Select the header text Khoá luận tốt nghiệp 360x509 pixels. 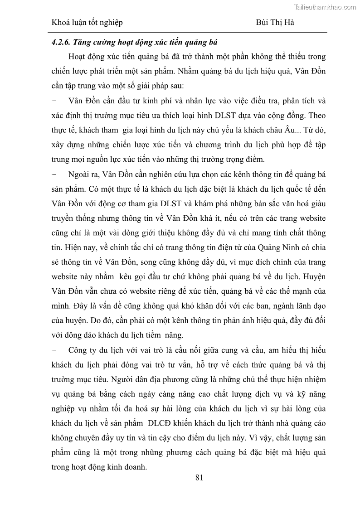pos(87,22)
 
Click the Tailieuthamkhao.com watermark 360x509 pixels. pos(326,7)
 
